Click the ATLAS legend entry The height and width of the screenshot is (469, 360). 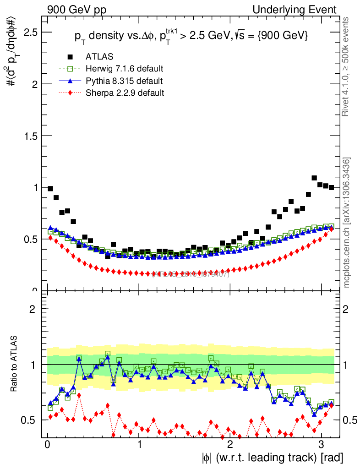(x=99, y=57)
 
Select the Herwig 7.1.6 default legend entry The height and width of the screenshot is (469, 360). (x=124, y=69)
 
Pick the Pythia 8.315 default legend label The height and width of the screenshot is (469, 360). (x=124, y=81)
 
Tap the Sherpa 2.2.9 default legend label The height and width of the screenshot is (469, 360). (x=125, y=93)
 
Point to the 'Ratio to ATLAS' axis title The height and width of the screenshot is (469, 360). (x=15, y=365)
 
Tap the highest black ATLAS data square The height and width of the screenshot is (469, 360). (x=314, y=178)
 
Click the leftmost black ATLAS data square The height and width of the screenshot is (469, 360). (x=50, y=189)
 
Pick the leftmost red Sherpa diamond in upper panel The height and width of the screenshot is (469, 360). (x=50, y=237)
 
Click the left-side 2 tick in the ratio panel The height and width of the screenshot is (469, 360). (x=33, y=309)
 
